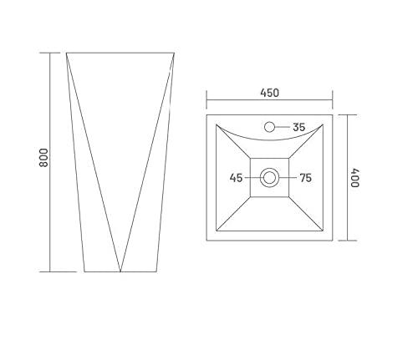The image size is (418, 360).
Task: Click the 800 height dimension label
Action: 43,158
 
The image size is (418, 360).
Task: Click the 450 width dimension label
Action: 269,93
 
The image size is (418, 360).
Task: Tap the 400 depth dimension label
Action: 354,178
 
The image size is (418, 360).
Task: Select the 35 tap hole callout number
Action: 299,127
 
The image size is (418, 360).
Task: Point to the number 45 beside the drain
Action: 236,178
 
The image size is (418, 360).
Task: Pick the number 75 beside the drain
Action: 305,178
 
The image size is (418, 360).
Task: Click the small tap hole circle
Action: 269,127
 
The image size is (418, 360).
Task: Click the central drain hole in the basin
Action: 269,178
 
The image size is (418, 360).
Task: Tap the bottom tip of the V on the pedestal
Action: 120,271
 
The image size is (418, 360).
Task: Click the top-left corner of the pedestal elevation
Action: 66,53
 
